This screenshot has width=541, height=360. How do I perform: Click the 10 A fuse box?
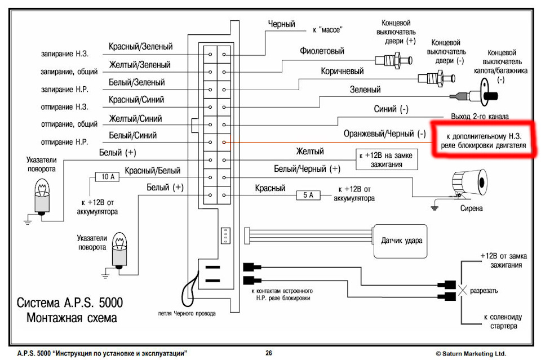(x=107, y=177)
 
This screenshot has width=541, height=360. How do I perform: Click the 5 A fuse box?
(x=308, y=195)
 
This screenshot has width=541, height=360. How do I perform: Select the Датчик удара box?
(x=401, y=241)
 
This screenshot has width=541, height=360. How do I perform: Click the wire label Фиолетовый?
(x=322, y=51)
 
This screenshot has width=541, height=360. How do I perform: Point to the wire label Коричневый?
(x=342, y=71)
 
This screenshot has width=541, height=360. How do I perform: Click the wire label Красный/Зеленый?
(x=140, y=46)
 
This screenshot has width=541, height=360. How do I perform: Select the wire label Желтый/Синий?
(x=135, y=119)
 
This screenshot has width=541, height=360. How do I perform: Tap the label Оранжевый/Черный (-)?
(x=384, y=134)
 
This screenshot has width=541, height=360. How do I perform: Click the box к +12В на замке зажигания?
(x=387, y=159)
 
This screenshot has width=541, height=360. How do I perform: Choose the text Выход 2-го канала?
(x=480, y=116)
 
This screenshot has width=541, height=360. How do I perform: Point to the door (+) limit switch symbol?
(x=394, y=60)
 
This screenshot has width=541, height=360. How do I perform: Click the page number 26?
(x=269, y=353)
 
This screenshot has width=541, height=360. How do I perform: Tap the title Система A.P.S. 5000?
(x=70, y=303)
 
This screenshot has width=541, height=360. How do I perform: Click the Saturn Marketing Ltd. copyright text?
(x=471, y=353)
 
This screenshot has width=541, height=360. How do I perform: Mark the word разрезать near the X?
(x=484, y=291)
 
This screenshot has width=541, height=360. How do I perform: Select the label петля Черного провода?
(x=187, y=313)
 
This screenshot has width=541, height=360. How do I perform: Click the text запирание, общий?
(x=69, y=72)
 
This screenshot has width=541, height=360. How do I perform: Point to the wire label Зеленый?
(x=365, y=90)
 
